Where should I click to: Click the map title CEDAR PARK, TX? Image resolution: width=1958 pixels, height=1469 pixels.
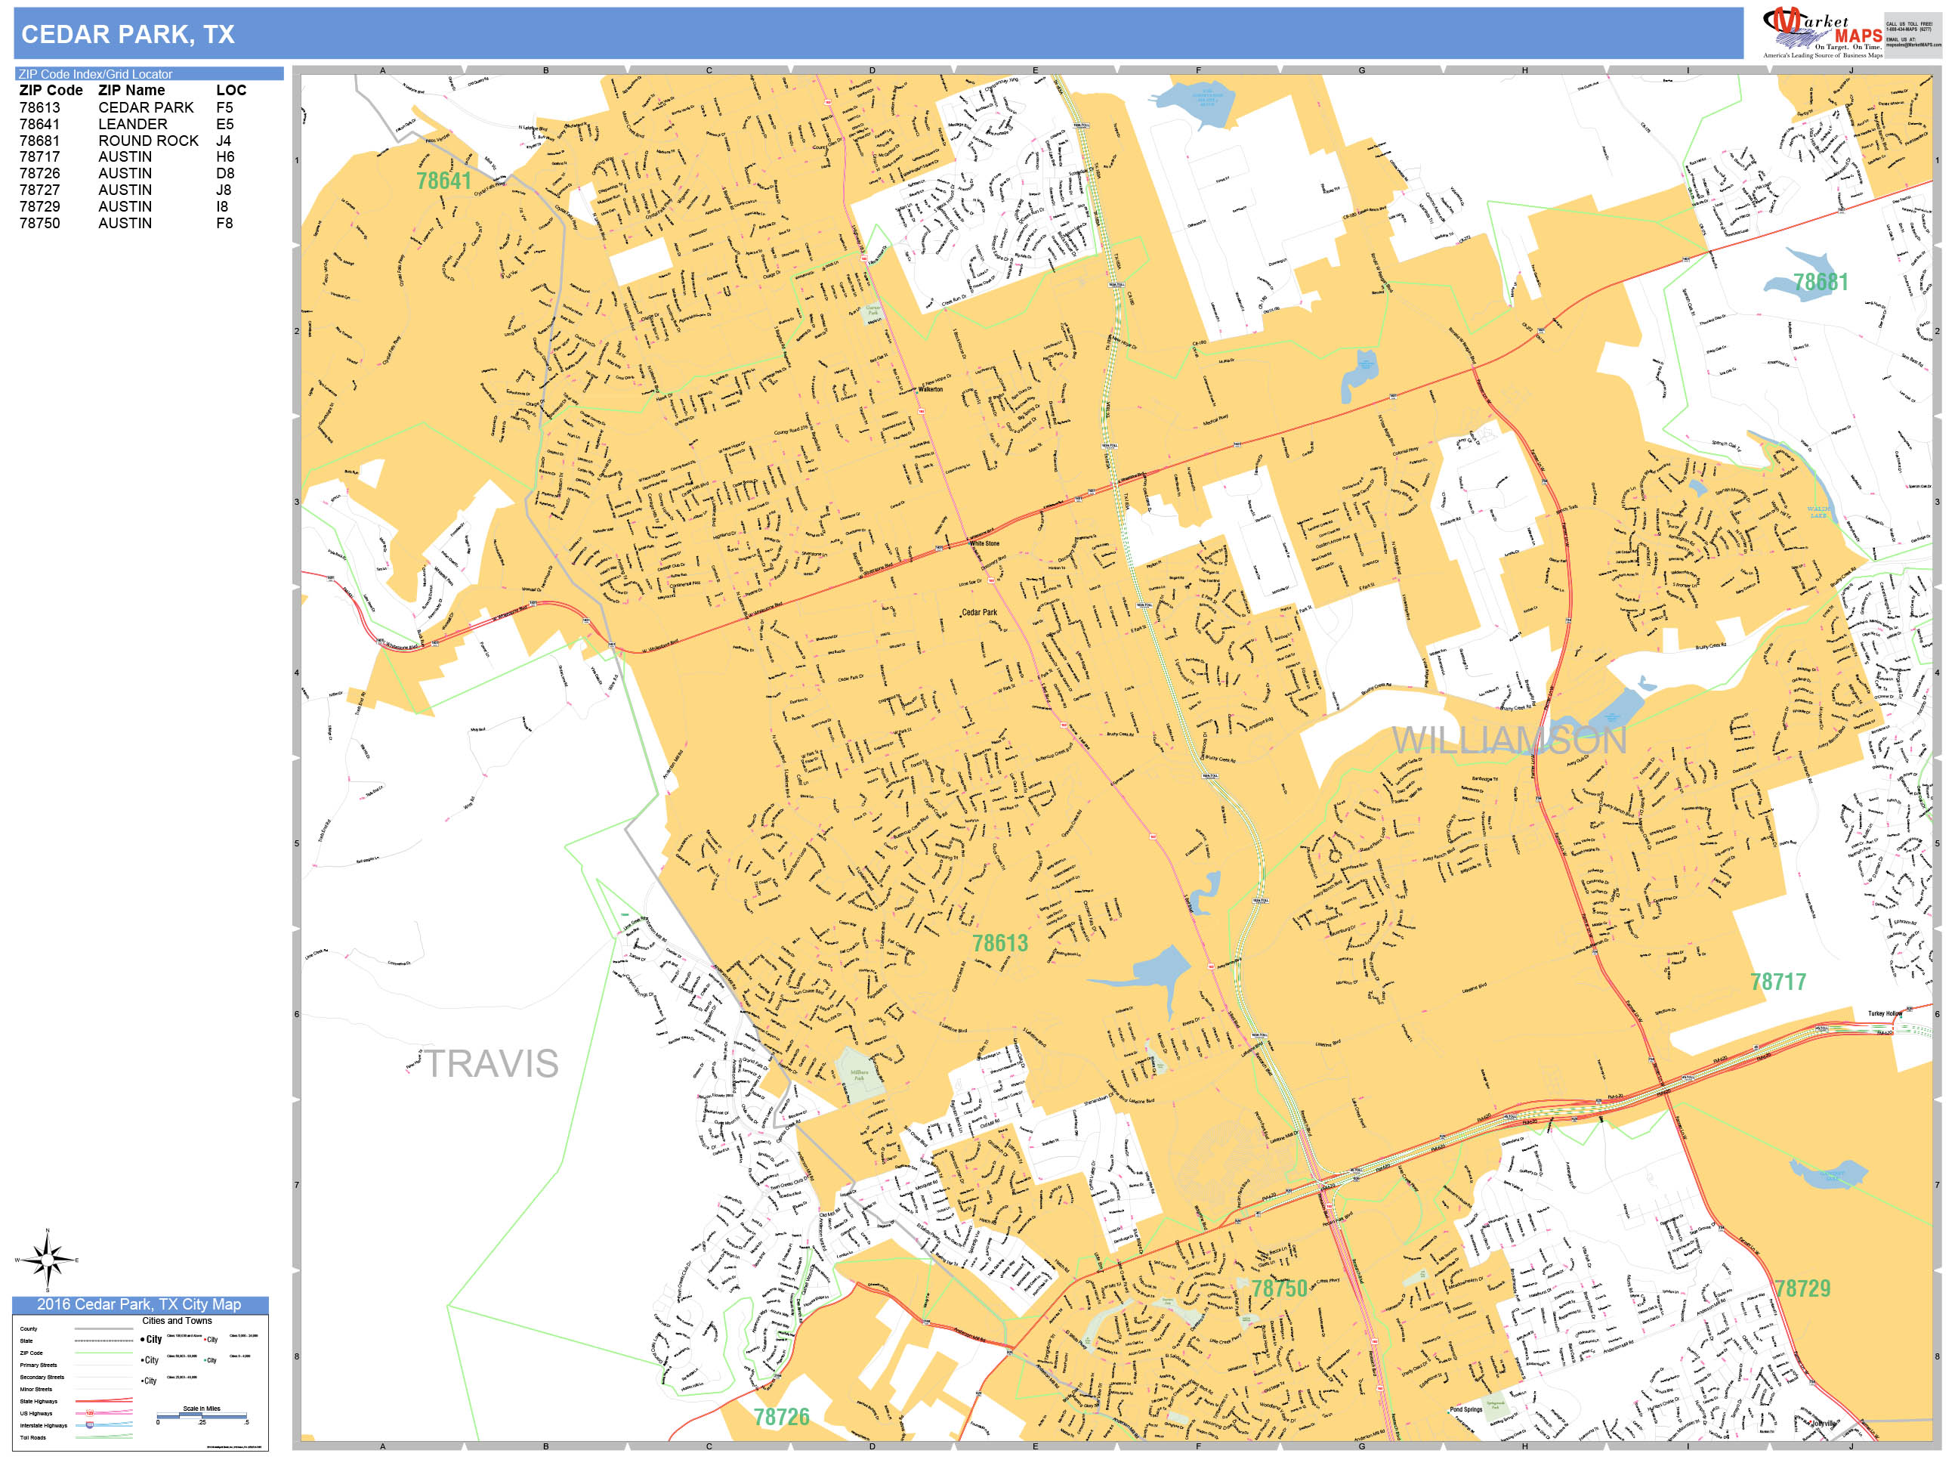(128, 35)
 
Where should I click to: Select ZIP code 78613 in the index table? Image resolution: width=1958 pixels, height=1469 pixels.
(40, 107)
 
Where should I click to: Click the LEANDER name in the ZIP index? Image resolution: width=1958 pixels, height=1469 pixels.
(132, 124)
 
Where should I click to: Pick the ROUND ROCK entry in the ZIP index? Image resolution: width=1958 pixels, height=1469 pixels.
(148, 141)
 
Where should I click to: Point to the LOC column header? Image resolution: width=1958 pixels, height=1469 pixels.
(231, 91)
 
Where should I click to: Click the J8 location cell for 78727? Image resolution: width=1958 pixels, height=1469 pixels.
(223, 190)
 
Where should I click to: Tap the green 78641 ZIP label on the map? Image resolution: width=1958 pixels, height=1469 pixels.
(443, 181)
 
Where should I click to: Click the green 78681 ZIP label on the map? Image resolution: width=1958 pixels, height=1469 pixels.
(1820, 283)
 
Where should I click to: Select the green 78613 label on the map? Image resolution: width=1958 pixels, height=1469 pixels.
(1000, 943)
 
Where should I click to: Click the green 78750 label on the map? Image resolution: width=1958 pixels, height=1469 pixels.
(1279, 1288)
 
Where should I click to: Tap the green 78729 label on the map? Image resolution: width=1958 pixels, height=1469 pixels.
(1802, 1288)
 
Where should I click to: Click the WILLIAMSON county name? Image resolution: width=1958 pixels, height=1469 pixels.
(1509, 741)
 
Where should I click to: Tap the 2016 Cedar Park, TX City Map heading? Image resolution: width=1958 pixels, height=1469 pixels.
(139, 1304)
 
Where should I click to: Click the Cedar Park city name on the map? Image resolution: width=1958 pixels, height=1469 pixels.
(979, 612)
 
